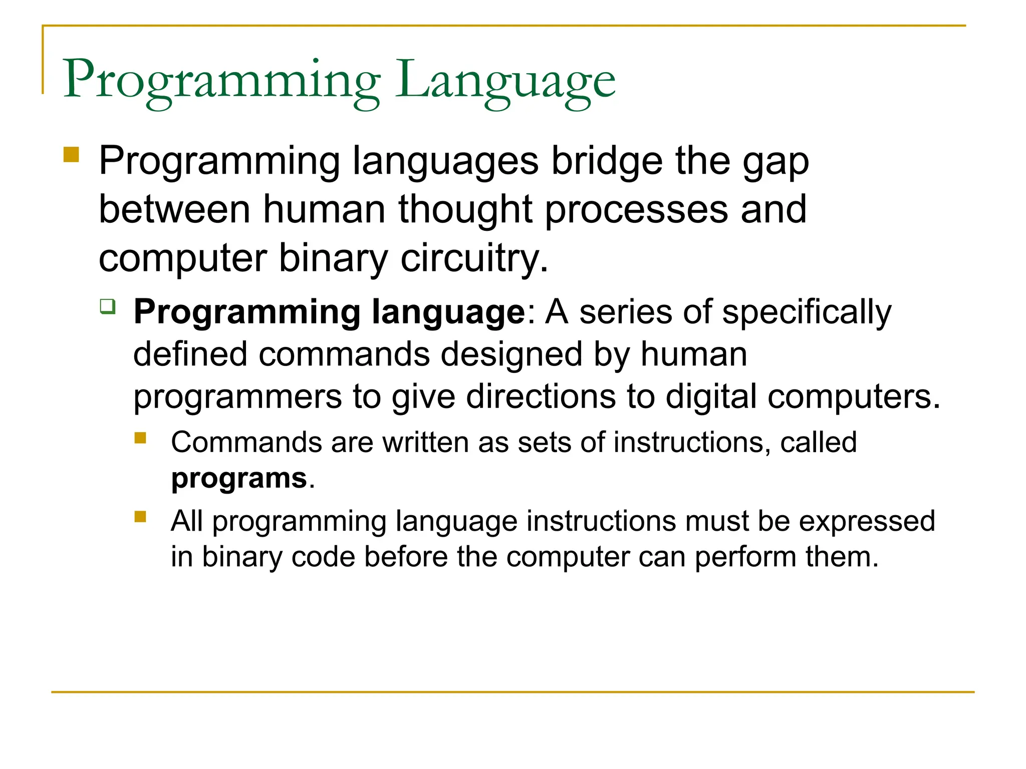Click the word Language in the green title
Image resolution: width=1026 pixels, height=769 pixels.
[x=505, y=80]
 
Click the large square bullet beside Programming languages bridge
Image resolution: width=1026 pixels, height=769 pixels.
[x=72, y=154]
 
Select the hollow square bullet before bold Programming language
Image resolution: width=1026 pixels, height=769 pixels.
[x=107, y=306]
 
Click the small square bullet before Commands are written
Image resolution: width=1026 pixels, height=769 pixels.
[x=140, y=438]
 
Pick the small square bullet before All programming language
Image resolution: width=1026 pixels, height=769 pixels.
[x=140, y=516]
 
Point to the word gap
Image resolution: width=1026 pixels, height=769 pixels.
[x=776, y=161]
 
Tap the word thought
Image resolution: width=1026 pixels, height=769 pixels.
[x=464, y=209]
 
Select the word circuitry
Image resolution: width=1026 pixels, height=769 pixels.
[x=474, y=258]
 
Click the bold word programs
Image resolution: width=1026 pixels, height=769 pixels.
[x=239, y=478]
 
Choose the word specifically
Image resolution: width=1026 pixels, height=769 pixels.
[x=807, y=312]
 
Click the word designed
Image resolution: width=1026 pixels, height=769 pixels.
[x=511, y=354]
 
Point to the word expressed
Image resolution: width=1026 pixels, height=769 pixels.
[x=867, y=521]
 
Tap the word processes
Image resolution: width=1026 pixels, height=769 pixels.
[x=636, y=209]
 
